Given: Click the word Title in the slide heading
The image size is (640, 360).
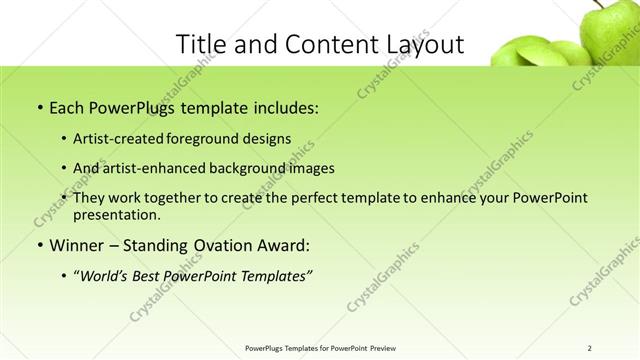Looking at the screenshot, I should pyautogui.click(x=199, y=44).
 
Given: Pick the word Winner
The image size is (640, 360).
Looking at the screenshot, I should pyautogui.click(x=76, y=246).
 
